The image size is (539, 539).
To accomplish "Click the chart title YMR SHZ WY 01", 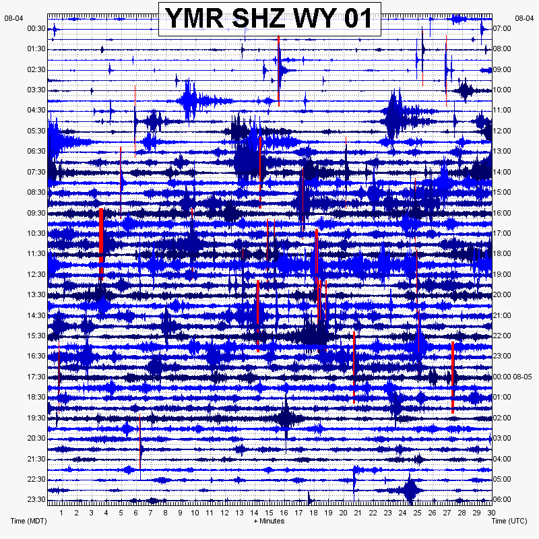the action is (269, 18).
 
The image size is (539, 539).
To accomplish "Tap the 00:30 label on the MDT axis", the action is (36, 28).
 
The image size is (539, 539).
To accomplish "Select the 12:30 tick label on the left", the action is (36, 274).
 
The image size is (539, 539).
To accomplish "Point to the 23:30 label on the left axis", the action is (36, 499).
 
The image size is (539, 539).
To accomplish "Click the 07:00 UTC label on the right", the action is (502, 28).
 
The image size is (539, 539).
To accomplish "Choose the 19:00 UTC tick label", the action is (502, 274).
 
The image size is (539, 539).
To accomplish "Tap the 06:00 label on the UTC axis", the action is (502, 499).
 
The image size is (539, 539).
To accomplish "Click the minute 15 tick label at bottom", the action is (269, 513).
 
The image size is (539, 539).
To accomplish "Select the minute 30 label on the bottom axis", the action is (491, 513).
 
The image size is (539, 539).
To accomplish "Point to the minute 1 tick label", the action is (61, 513).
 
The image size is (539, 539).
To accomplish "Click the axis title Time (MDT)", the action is (28, 521).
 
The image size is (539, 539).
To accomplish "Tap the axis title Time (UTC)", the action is (509, 521).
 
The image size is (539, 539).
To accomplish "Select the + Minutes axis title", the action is (269, 521).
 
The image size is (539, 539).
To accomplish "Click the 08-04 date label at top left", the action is (13, 18).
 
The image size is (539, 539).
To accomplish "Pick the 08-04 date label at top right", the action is (524, 18).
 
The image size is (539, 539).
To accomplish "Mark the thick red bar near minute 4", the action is (101, 244).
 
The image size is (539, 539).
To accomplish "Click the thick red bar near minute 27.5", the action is (453, 377).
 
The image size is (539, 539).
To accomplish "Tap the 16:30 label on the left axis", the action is (36, 356).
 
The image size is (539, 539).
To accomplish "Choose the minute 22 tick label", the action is (373, 513).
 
